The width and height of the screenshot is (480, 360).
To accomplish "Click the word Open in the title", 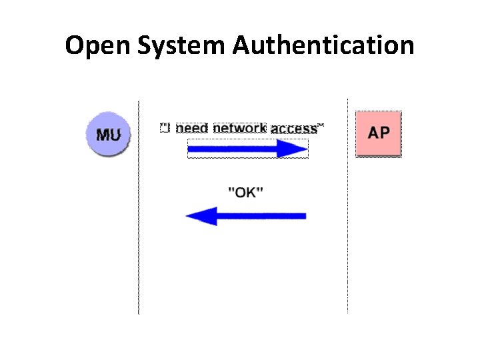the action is (93, 46).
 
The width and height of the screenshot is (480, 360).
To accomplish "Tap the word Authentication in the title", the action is (323, 46).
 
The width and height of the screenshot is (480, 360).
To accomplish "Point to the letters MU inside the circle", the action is (108, 134).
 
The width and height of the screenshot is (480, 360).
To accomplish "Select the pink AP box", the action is (379, 133).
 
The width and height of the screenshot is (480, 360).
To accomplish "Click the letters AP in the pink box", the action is (379, 132).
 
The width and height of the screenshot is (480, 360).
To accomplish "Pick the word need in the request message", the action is (192, 128).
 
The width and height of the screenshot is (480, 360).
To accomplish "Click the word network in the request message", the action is (240, 128).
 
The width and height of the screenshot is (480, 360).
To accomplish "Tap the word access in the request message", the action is (294, 129).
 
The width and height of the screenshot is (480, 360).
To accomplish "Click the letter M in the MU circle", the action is (103, 134).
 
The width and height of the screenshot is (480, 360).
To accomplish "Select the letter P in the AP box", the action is (385, 132).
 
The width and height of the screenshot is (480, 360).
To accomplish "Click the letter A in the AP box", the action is (373, 132).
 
